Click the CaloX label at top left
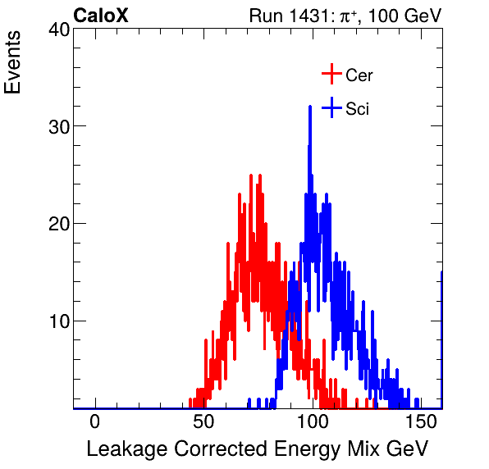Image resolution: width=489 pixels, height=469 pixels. coord(101,16)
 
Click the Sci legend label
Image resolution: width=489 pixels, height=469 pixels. coord(357,108)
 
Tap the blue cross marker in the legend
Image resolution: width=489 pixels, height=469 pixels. coord(331,107)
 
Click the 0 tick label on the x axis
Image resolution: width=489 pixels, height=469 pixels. coord(95,421)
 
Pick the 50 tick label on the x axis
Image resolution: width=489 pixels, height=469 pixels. coord(203,421)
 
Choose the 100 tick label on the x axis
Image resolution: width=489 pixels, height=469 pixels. coord(312,421)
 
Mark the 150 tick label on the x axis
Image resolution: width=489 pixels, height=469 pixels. coord(420,421)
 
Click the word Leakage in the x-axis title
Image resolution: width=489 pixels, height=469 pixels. coord(121,449)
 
